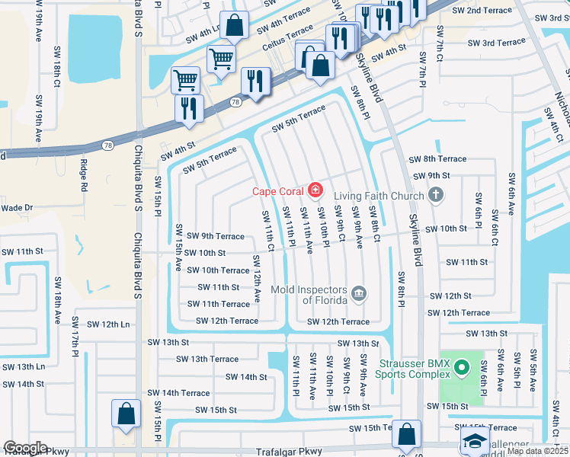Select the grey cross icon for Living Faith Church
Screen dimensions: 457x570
(436, 196)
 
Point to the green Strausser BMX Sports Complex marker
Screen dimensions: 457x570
(461, 369)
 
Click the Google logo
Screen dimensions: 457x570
(25, 448)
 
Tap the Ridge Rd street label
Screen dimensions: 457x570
(83, 176)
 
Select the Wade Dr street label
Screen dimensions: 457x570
(17, 207)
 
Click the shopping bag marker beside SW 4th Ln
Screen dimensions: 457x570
(235, 25)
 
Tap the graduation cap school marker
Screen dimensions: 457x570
(475, 441)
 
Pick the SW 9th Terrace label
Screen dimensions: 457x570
(216, 236)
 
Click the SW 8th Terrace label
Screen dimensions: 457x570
(437, 158)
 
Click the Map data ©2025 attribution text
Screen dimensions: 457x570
(537, 451)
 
